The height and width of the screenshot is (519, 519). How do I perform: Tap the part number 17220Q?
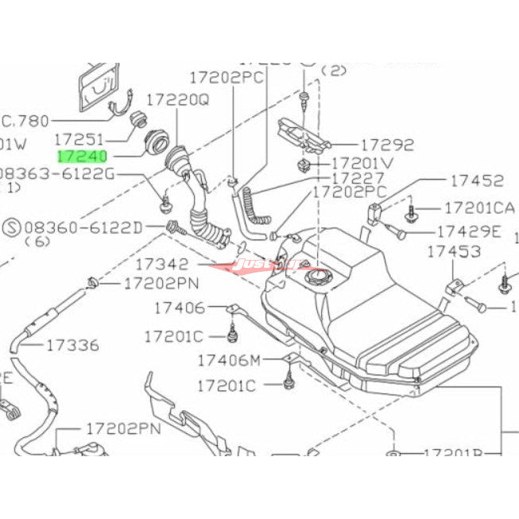point(183,101)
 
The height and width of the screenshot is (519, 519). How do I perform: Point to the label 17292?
point(387,145)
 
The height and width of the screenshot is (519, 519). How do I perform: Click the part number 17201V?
point(362,164)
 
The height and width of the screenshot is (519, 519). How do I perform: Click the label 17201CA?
point(479,208)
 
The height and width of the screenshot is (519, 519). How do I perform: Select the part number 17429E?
point(469,231)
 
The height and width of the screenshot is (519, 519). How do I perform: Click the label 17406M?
point(230,362)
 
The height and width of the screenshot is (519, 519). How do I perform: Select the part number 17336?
point(72,345)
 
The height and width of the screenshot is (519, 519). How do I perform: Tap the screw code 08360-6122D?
point(83,227)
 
